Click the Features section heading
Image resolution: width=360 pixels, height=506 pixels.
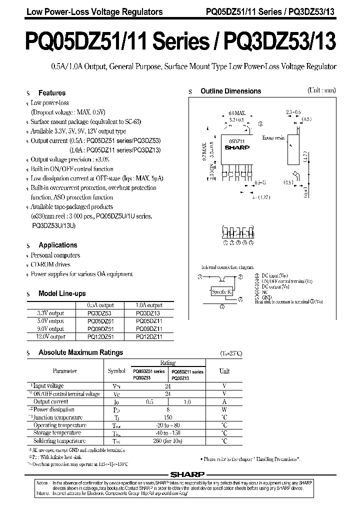click(x=52, y=93)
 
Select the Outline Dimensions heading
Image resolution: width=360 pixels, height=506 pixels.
click(x=230, y=91)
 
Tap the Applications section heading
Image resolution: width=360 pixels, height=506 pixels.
click(x=58, y=245)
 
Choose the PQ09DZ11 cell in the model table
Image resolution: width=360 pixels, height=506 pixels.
click(x=149, y=329)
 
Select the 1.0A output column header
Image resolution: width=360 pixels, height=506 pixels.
click(x=149, y=305)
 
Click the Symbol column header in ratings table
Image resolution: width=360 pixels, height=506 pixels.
click(x=116, y=371)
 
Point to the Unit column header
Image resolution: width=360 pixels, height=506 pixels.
click(x=224, y=371)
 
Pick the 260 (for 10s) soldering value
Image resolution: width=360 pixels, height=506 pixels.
click(x=168, y=441)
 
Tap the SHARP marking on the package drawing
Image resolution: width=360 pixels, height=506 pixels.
click(x=233, y=148)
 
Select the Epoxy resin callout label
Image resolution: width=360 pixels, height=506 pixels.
click(x=273, y=137)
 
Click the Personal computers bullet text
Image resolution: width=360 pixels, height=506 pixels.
click(x=55, y=255)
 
